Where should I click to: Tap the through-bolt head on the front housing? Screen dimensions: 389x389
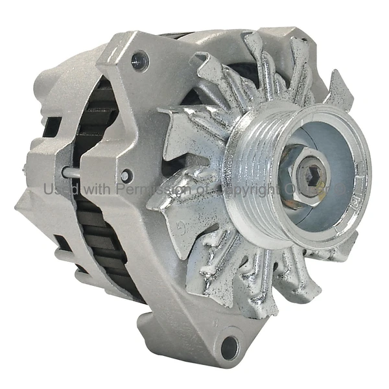point(126,175)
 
